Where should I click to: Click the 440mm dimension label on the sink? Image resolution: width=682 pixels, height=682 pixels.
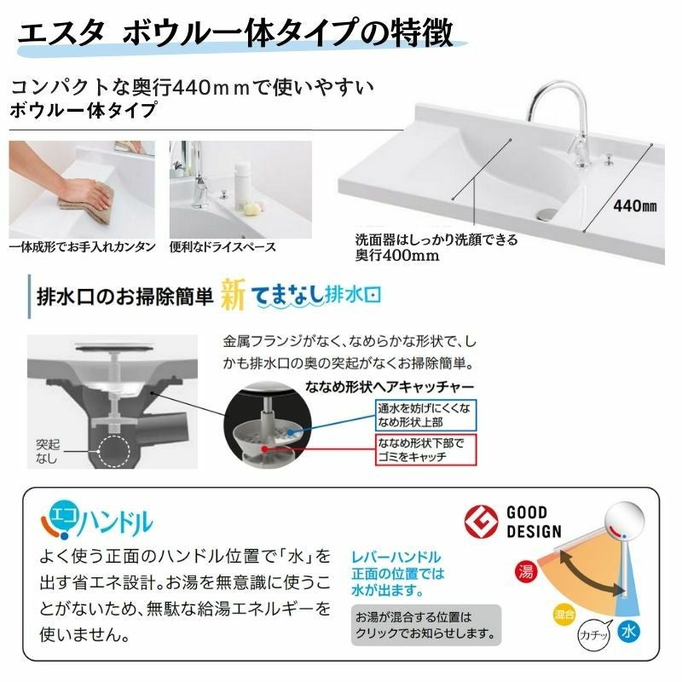pos(634,205)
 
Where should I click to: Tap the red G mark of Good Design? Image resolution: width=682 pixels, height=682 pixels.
pos(482,522)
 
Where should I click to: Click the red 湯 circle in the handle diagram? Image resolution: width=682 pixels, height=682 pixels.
pos(526,571)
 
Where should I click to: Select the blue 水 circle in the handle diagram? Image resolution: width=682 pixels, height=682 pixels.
pos(628,631)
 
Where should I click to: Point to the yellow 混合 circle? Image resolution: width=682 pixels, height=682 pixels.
pos(564,615)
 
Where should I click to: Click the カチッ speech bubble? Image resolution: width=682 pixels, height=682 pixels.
pos(593,635)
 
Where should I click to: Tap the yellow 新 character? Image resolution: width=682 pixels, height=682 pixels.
pos(233,295)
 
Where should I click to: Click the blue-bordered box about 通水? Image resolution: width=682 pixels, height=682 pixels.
pos(425,415)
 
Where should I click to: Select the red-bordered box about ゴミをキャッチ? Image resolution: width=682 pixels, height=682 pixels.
pos(425,450)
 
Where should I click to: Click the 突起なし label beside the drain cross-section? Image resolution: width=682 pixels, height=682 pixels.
pos(48,451)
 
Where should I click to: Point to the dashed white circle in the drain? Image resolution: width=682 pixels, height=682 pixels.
pos(113,451)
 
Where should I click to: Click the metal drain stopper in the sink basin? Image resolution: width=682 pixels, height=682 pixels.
pos(546,214)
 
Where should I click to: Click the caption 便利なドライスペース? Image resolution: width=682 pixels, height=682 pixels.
pos(223,247)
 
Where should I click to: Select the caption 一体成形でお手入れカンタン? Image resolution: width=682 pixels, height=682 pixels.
pos(82,247)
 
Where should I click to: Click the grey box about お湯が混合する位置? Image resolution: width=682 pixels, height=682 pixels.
pos(426,625)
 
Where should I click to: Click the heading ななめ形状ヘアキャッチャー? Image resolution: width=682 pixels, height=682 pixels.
pos(390,386)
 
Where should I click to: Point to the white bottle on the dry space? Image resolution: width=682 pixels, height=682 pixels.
pos(242,186)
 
